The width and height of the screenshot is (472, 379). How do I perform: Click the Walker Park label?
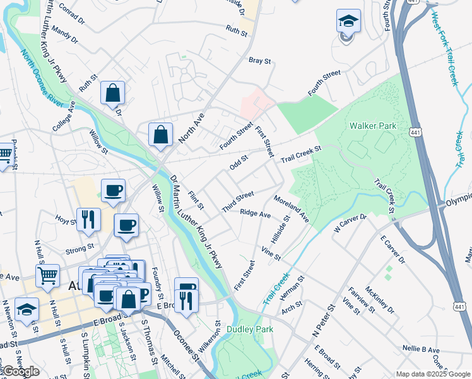(373, 126)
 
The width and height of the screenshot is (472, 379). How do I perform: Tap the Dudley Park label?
(251, 329)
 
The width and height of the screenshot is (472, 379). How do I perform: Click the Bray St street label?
(259, 61)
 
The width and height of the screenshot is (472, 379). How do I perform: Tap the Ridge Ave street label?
(255, 214)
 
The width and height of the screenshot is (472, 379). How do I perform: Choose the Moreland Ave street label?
(292, 208)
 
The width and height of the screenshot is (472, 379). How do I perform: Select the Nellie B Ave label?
(422, 349)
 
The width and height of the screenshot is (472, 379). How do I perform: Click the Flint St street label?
(196, 198)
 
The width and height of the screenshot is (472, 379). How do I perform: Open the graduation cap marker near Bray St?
(348, 23)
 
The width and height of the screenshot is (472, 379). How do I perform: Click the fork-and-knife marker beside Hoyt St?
(88, 220)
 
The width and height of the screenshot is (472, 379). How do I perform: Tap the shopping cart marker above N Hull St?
(48, 277)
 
